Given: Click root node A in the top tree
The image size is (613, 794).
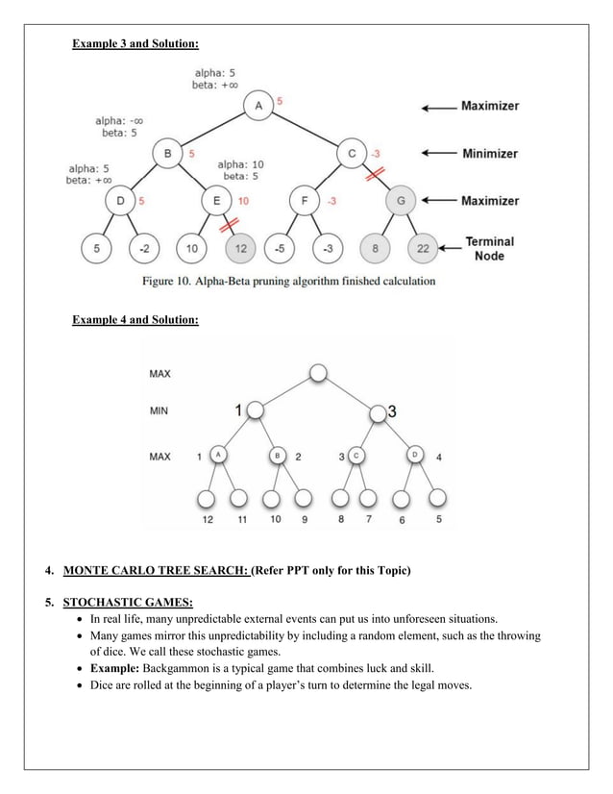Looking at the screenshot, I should [x=257, y=105].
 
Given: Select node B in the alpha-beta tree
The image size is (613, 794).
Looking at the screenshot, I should [x=168, y=153].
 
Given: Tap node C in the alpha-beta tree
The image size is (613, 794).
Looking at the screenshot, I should [x=352, y=153].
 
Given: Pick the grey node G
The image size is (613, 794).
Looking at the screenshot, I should [x=399, y=201].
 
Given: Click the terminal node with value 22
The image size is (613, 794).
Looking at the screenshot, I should [x=424, y=248].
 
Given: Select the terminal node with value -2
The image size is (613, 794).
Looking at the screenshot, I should [x=144, y=248].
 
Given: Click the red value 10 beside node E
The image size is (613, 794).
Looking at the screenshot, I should [x=243, y=201].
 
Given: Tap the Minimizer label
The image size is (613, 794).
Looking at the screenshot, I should [x=489, y=153].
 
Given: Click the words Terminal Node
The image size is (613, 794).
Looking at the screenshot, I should [x=490, y=248].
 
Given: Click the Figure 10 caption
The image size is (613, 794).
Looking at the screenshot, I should [x=288, y=281].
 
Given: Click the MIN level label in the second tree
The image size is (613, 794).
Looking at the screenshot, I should [x=159, y=410].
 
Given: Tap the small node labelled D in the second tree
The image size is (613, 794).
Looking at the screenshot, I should [x=416, y=455].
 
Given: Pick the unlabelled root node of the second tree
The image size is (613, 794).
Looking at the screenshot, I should [x=318, y=373].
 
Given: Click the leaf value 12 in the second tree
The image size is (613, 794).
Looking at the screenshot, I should [x=207, y=519].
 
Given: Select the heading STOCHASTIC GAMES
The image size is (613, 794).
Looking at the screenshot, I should [x=128, y=603].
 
